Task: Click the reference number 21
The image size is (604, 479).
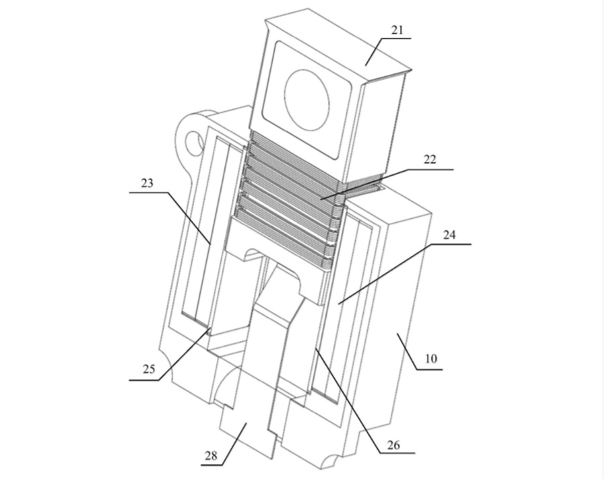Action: pyautogui.click(x=397, y=30)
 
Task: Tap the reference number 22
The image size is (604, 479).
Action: pyautogui.click(x=430, y=159)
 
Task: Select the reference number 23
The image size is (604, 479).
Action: pyautogui.click(x=147, y=183)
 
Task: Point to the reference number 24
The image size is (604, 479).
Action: pyautogui.click(x=449, y=234)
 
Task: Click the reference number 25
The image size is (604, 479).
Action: pyautogui.click(x=149, y=369)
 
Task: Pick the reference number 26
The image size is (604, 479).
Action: pyautogui.click(x=394, y=445)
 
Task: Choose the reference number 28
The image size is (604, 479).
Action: pyautogui.click(x=210, y=456)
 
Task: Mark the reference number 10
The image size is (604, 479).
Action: pyautogui.click(x=431, y=358)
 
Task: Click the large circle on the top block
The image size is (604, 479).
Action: pyautogui.click(x=307, y=100)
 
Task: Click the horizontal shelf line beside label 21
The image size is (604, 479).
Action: pyautogui.click(x=396, y=38)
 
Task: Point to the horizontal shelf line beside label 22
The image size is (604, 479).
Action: pyautogui.click(x=430, y=169)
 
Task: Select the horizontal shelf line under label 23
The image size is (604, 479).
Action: pyautogui.click(x=149, y=192)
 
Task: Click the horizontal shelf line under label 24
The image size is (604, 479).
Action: pyautogui.click(x=450, y=244)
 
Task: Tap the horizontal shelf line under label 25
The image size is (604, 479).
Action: pyautogui.click(x=143, y=380)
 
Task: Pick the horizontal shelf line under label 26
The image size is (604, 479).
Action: pyautogui.click(x=398, y=453)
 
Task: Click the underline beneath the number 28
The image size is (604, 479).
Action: pyautogui.click(x=212, y=465)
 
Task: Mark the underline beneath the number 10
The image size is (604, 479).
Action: pyautogui.click(x=430, y=369)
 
